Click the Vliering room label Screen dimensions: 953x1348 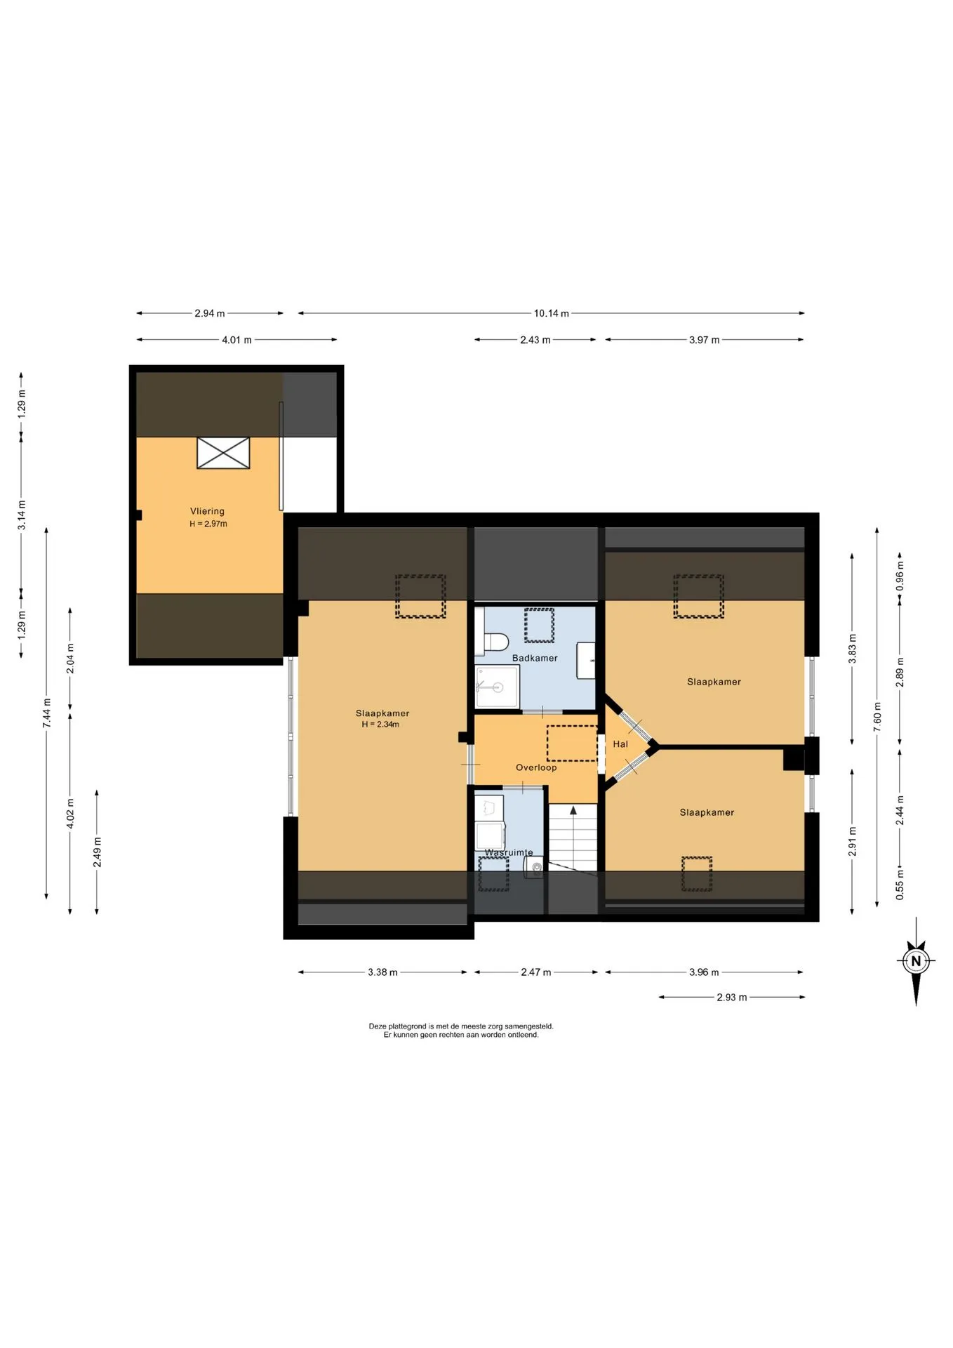[207, 511]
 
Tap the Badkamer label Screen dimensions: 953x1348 [535, 658]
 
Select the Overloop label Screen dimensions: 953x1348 [536, 767]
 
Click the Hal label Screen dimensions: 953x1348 [620, 744]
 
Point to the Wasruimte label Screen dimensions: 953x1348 [509, 852]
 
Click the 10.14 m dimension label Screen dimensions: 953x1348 [552, 313]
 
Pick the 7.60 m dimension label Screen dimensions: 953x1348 [877, 717]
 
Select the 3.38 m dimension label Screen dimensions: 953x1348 [382, 972]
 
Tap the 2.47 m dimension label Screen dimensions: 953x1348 [536, 972]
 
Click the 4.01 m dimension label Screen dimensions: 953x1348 [236, 340]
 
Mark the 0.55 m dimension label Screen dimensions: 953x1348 [900, 885]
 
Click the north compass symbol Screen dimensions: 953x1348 [916, 961]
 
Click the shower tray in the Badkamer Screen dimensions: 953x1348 [498, 687]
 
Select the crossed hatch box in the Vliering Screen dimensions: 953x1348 [223, 453]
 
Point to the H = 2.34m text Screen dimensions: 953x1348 [380, 725]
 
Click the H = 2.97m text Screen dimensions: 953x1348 [208, 524]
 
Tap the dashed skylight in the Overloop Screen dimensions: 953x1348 [572, 744]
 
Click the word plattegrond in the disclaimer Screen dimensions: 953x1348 [406, 1026]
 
